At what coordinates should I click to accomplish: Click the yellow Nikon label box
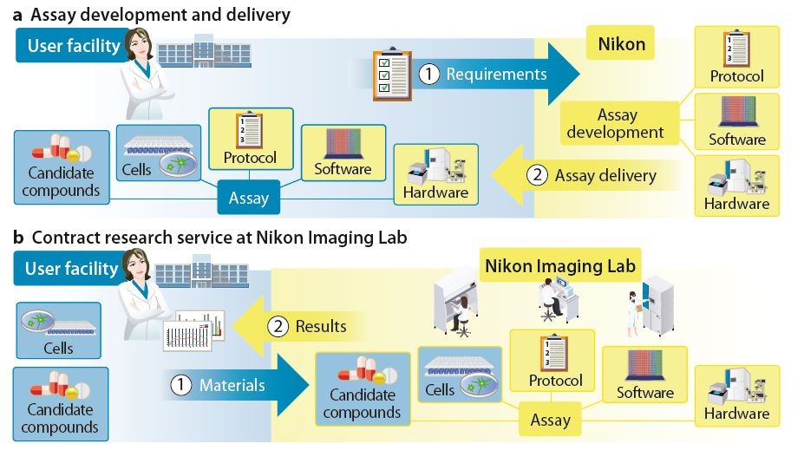621,43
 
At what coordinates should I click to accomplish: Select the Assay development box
618,123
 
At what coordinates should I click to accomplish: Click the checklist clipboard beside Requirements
392,76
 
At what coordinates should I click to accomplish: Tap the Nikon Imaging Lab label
560,265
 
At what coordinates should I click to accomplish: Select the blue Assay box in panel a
248,198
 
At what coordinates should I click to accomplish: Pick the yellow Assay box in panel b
550,421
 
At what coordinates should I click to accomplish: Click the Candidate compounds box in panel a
62,167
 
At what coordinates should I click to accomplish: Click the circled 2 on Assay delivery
538,176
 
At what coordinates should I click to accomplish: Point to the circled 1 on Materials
180,385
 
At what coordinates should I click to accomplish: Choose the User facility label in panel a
71,45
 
